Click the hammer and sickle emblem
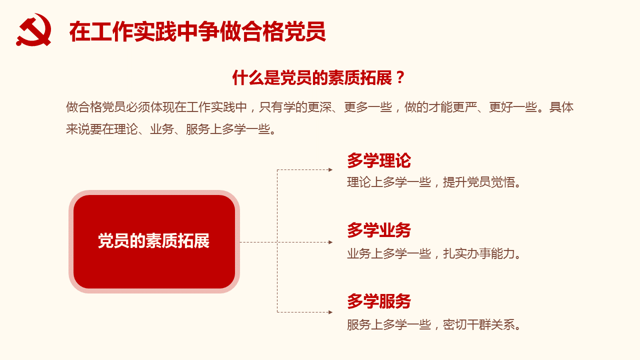coord(33,29)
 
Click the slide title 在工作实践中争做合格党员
coord(197,31)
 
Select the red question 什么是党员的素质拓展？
coord(318,77)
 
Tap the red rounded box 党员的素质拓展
coord(154,241)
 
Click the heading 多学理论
coord(379,160)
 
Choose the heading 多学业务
coord(379,230)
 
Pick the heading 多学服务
coord(379,301)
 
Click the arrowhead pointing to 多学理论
coord(330,169)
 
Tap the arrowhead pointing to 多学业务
coord(330,242)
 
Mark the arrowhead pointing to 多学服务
coord(330,312)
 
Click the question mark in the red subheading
coord(400,77)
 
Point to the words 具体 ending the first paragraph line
coord(561,107)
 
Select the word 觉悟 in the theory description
coord(503,182)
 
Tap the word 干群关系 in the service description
coord(491,324)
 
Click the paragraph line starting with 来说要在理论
coord(171,129)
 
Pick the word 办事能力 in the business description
coord(491,253)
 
